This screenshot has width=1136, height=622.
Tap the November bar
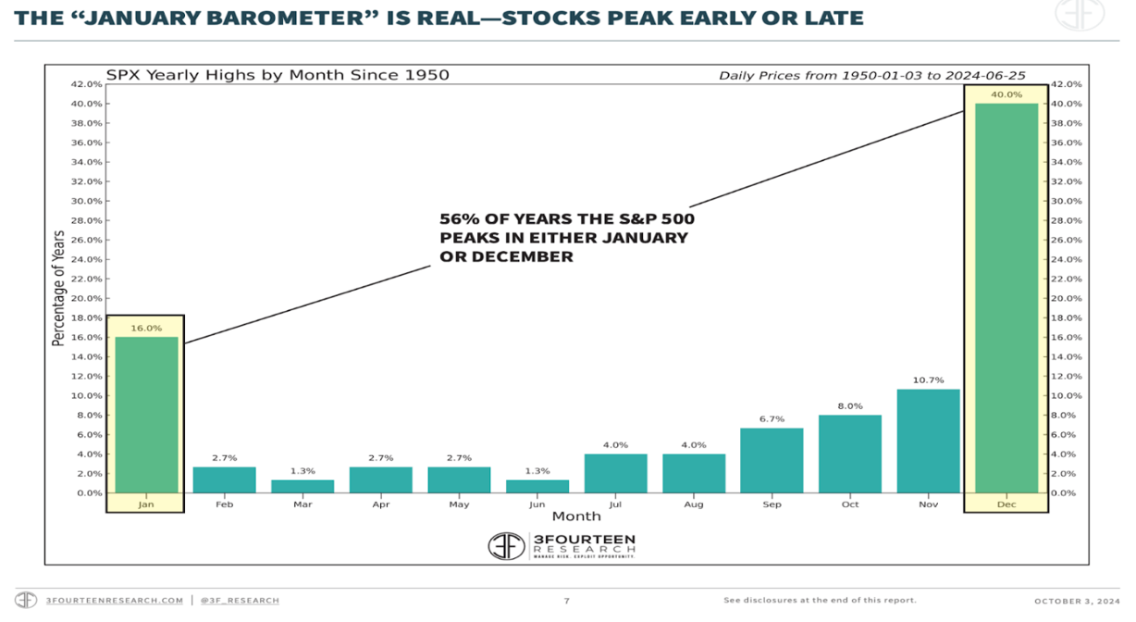pyautogui.click(x=928, y=441)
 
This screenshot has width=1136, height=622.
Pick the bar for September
pyautogui.click(x=772, y=460)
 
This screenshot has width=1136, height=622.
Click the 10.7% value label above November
pyautogui.click(x=928, y=380)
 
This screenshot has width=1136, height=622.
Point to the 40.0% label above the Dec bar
pyautogui.click(x=1006, y=94)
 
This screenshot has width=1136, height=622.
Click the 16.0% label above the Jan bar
pyautogui.click(x=146, y=328)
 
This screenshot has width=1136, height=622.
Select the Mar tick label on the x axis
pyautogui.click(x=303, y=504)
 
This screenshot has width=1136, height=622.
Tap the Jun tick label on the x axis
pyautogui.click(x=537, y=504)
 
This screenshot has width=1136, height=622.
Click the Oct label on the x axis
pyautogui.click(x=849, y=504)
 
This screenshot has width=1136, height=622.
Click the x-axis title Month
pyautogui.click(x=576, y=516)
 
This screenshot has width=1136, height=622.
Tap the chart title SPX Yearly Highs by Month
pyautogui.click(x=277, y=74)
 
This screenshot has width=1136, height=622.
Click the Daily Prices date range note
pyautogui.click(x=871, y=75)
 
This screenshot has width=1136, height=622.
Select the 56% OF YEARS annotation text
pyautogui.click(x=566, y=238)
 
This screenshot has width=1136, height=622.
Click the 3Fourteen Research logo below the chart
pyautogui.click(x=562, y=546)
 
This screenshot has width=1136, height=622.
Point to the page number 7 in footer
pyautogui.click(x=567, y=601)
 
